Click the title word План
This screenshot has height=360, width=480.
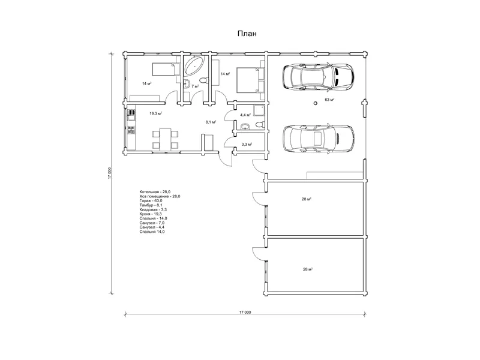click(247, 34)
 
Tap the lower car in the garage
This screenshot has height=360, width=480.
click(319, 138)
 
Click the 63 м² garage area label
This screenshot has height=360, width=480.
click(329, 100)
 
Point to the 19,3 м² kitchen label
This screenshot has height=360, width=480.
click(155, 113)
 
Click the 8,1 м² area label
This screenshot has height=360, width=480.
click(211, 122)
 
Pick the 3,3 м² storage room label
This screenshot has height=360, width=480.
click(247, 144)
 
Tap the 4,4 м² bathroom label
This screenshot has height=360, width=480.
click(245, 115)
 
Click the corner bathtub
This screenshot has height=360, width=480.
click(194, 65)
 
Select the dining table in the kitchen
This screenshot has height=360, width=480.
click(166, 139)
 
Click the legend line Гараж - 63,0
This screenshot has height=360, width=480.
click(151, 200)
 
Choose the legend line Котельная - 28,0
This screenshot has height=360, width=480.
click(155, 192)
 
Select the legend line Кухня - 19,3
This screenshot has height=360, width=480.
click(151, 214)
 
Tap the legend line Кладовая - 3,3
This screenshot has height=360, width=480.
click(153, 209)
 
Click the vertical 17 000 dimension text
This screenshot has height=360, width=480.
click(110, 173)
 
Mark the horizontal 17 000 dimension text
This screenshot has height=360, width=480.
click(245, 312)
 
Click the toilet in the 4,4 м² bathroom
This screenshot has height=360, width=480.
click(259, 125)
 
